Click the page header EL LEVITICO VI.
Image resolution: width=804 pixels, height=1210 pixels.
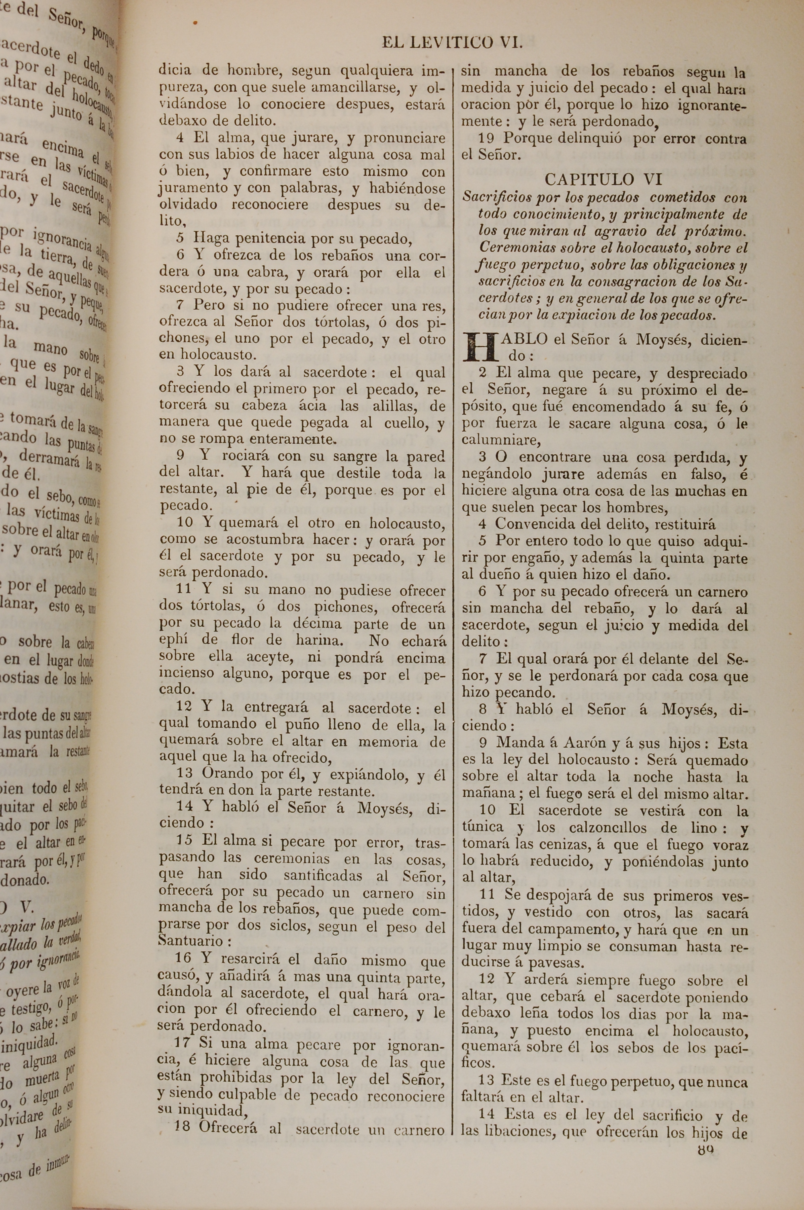[x=452, y=43]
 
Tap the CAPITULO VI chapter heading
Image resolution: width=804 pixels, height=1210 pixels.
[x=603, y=179]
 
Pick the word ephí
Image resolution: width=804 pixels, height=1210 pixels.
[x=174, y=640]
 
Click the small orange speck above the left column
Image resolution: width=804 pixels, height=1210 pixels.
[x=195, y=23]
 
